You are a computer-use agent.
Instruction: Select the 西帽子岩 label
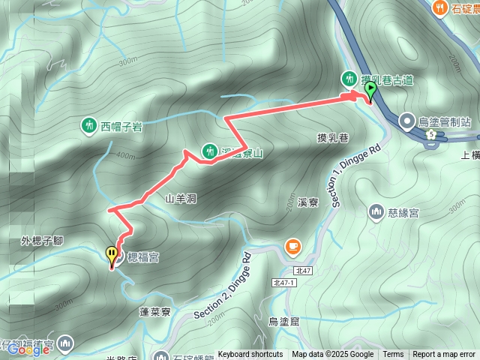(121, 126)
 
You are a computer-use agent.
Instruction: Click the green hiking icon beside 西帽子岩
(89, 124)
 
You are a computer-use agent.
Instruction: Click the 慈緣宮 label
(403, 213)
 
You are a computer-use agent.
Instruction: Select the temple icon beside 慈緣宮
(376, 212)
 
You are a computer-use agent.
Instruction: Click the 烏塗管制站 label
(445, 120)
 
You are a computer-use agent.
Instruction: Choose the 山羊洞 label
(181, 198)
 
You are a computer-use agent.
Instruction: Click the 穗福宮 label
(143, 257)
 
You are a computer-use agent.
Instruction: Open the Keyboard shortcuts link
(250, 354)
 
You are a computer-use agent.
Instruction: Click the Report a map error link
(444, 354)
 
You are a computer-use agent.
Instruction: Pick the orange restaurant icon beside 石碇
(439, 8)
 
